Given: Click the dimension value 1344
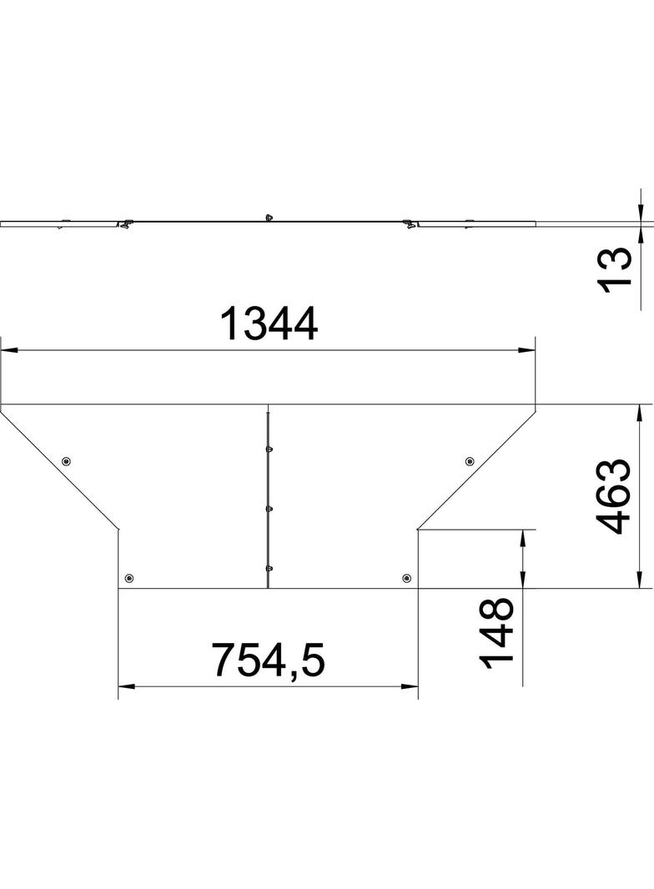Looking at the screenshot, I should (x=268, y=324).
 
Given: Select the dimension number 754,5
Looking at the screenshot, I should (x=267, y=660).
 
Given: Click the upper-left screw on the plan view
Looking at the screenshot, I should (x=67, y=461).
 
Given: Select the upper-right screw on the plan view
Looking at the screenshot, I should (x=470, y=460).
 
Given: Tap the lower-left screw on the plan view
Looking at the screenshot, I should (x=128, y=578).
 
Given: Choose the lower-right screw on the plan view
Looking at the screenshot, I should (x=406, y=578).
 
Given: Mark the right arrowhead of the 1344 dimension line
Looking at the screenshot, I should (x=529, y=350).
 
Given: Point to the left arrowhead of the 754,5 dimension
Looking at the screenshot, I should (x=125, y=687).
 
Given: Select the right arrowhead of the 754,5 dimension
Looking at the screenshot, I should (x=410, y=687).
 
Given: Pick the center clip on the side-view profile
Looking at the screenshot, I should (x=268, y=217).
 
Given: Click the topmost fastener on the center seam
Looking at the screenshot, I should (x=268, y=449).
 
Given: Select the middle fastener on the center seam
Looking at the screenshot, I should (x=268, y=507).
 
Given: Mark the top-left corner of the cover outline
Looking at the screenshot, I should (x=2, y=404).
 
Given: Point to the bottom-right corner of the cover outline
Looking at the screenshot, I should (x=418, y=588).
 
